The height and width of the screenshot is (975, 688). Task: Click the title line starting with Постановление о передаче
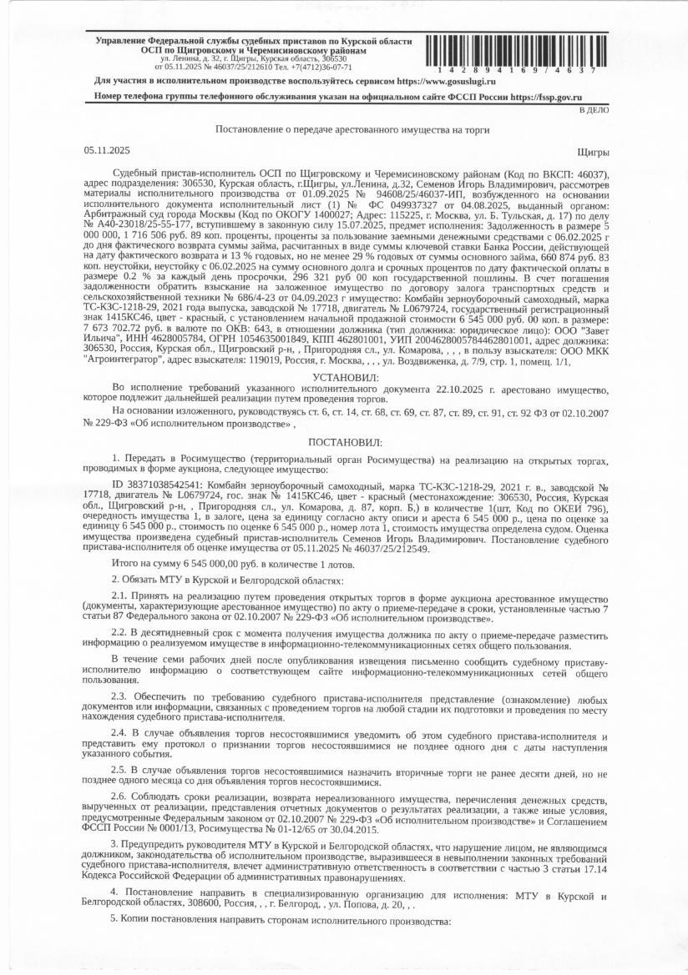[x=352, y=129]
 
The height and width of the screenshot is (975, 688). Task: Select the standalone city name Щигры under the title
[x=592, y=151]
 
